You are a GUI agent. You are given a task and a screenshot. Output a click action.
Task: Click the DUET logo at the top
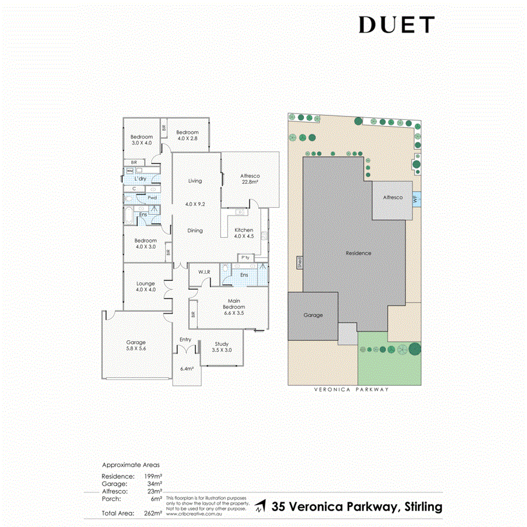396,25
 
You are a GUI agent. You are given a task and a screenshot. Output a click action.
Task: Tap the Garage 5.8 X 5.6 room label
136,345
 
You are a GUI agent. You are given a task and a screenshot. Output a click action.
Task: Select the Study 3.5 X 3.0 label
221,347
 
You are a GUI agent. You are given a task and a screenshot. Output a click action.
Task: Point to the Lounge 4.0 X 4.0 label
145,286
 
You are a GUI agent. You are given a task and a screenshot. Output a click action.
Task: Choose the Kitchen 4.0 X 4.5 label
244,233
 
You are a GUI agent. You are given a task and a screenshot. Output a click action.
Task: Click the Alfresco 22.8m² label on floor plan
250,179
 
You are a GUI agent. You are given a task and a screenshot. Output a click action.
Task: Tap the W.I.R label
204,272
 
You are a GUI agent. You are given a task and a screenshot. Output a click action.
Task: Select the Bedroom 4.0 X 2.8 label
188,135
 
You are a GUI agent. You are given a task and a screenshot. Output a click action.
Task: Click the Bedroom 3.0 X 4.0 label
142,140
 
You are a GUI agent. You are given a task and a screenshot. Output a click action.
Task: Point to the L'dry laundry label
140,179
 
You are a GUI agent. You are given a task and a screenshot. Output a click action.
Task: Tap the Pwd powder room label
152,198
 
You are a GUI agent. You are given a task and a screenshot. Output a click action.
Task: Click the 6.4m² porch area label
186,369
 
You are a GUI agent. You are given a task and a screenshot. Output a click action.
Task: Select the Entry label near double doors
186,340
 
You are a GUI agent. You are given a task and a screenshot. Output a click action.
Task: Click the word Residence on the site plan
358,253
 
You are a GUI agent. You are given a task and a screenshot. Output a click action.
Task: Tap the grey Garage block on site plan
313,316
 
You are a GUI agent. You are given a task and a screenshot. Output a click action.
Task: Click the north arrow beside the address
261,506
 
